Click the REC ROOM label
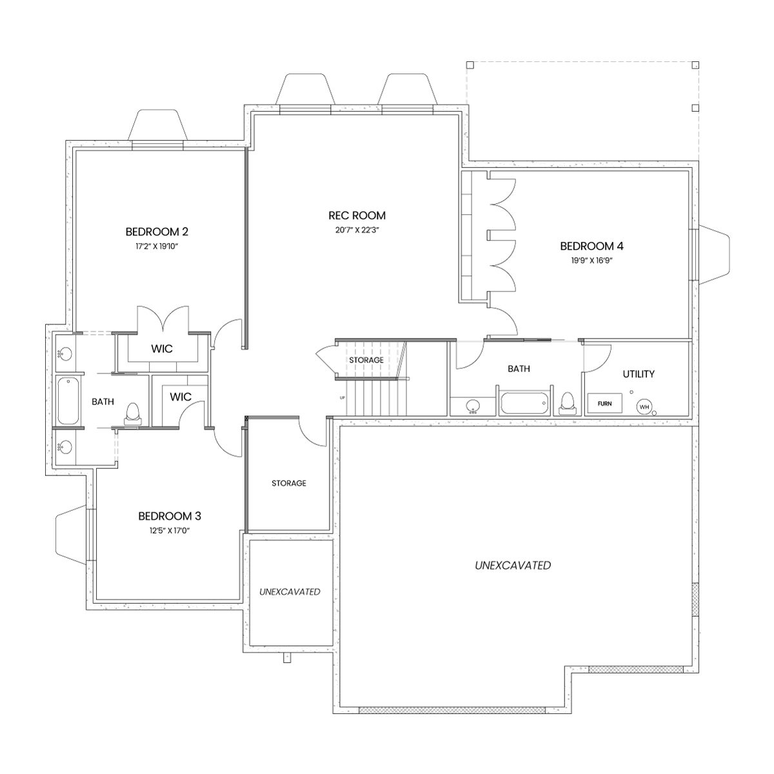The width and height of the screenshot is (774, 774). tap(357, 215)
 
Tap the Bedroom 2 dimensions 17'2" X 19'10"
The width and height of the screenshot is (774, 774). tap(157, 246)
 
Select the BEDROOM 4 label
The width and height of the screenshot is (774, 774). tap(591, 246)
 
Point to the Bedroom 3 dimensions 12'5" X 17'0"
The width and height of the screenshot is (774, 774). tap(170, 531)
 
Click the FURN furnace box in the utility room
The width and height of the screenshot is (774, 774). tap(604, 403)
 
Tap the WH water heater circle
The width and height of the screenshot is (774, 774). tap(644, 407)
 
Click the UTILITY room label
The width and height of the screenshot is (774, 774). tap(639, 374)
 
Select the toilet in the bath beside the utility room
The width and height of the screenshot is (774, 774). tap(567, 403)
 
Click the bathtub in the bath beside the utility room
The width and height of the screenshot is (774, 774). tap(524, 403)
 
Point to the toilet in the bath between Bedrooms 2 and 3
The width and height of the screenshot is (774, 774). tap(133, 413)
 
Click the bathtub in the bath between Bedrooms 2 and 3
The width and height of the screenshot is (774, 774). tap(68, 401)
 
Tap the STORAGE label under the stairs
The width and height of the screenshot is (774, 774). tap(366, 360)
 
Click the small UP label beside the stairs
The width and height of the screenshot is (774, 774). tap(342, 398)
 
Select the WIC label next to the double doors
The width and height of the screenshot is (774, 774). tap(162, 349)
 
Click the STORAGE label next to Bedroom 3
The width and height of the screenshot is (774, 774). tap(289, 483)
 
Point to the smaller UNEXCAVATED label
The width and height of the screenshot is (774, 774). tap(290, 591)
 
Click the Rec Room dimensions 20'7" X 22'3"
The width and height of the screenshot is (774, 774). tap(357, 230)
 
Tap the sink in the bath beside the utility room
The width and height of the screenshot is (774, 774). tap(473, 406)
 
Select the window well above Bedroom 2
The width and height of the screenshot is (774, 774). tap(157, 125)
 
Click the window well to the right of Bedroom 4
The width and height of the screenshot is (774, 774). tap(714, 255)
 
